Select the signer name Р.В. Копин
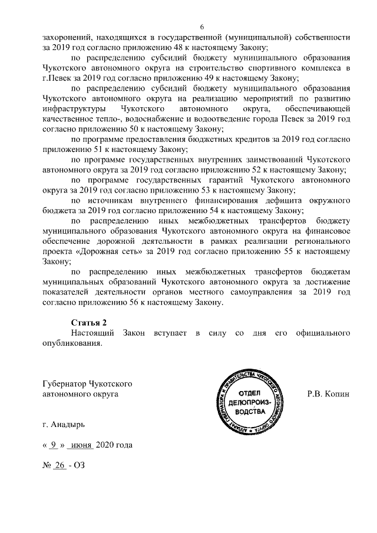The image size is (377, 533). pyautogui.click(x=329, y=393)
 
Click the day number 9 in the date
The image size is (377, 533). pyautogui.click(x=54, y=445)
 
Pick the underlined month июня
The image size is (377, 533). pyautogui.click(x=80, y=445)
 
